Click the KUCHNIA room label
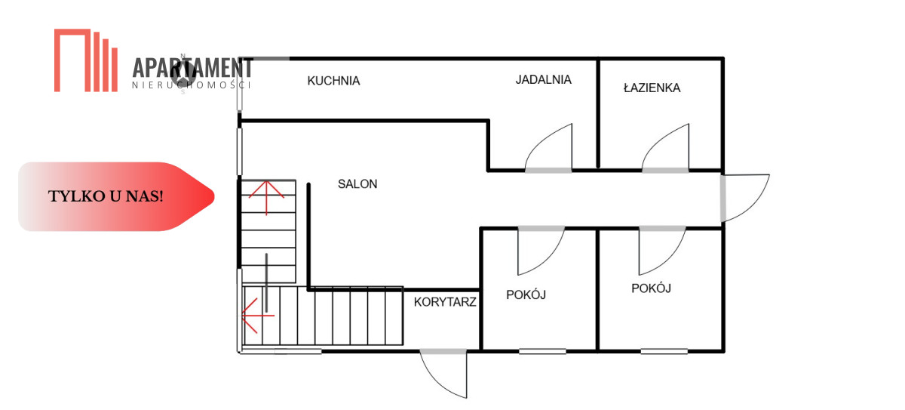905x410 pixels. (x=333, y=81)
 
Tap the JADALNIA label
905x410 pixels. (x=544, y=79)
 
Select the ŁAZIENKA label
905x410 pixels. (x=652, y=88)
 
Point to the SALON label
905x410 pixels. (x=357, y=184)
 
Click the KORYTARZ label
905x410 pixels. (x=445, y=302)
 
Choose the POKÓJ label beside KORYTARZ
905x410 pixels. (x=526, y=294)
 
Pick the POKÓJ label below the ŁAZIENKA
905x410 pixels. (x=651, y=288)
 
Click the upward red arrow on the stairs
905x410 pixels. (x=266, y=198)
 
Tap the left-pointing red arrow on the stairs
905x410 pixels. (x=258, y=316)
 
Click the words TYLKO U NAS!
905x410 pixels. (x=106, y=196)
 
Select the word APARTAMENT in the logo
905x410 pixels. (x=193, y=68)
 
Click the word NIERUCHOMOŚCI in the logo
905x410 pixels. (x=192, y=85)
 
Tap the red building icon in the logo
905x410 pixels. (x=86, y=60)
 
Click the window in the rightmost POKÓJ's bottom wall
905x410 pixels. (x=664, y=351)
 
